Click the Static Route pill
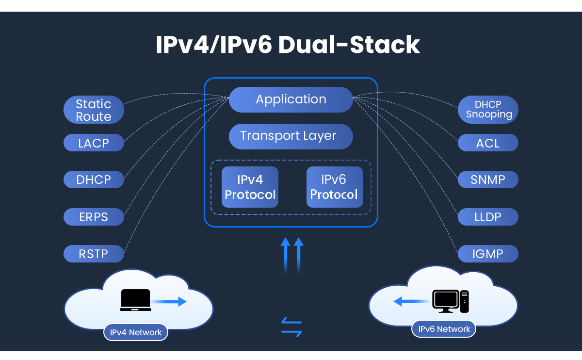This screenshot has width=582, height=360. tap(94, 110)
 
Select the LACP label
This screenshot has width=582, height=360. tap(94, 143)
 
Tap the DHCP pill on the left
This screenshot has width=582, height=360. tap(94, 180)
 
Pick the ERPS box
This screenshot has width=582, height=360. tap(94, 217)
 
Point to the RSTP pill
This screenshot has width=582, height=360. tap(94, 254)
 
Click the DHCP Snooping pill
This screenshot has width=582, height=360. tap(488, 110)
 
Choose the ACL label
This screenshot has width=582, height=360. tap(488, 143)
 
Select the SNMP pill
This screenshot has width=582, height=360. tap(488, 180)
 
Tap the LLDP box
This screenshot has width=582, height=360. tap(488, 217)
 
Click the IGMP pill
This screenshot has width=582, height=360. tap(488, 254)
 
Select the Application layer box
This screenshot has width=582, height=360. tap(291, 99)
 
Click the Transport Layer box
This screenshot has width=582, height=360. tap(291, 136)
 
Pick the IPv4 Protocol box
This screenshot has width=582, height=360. tap(250, 187)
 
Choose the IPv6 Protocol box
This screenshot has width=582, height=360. tap(335, 187)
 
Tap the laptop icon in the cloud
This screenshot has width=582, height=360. tap(135, 300)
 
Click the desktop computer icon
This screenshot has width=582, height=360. tap(451, 301)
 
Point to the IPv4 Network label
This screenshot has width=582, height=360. tap(136, 332)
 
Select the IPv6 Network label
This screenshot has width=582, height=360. tap(444, 329)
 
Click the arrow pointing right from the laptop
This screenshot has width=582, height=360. tap(169, 301)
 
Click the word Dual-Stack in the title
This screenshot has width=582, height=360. tap(349, 45)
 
